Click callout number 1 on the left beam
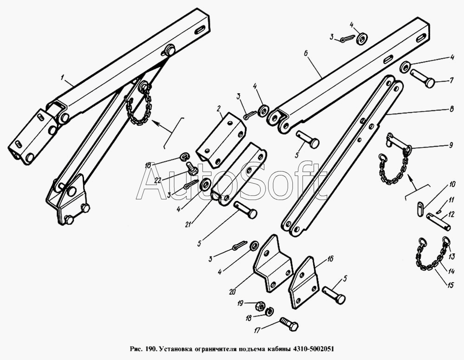click(x=63, y=78)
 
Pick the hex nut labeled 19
click(x=260, y=305)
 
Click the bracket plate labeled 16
click(x=304, y=283)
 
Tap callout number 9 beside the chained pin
click(x=451, y=145)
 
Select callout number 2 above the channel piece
click(x=219, y=109)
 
